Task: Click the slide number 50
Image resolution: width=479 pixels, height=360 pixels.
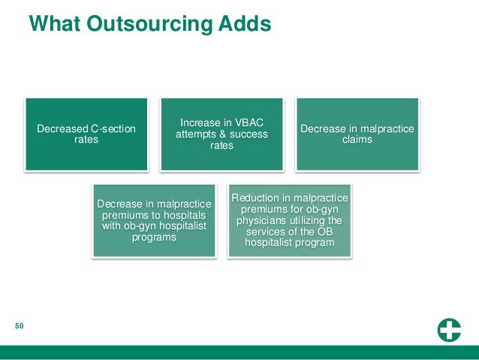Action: (20, 326)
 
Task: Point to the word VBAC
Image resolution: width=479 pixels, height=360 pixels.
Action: (246, 123)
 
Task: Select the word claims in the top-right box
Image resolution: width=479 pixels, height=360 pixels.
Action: (357, 139)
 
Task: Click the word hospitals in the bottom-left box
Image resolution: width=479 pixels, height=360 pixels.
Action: (181, 214)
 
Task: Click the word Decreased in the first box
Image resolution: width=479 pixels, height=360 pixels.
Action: (62, 129)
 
